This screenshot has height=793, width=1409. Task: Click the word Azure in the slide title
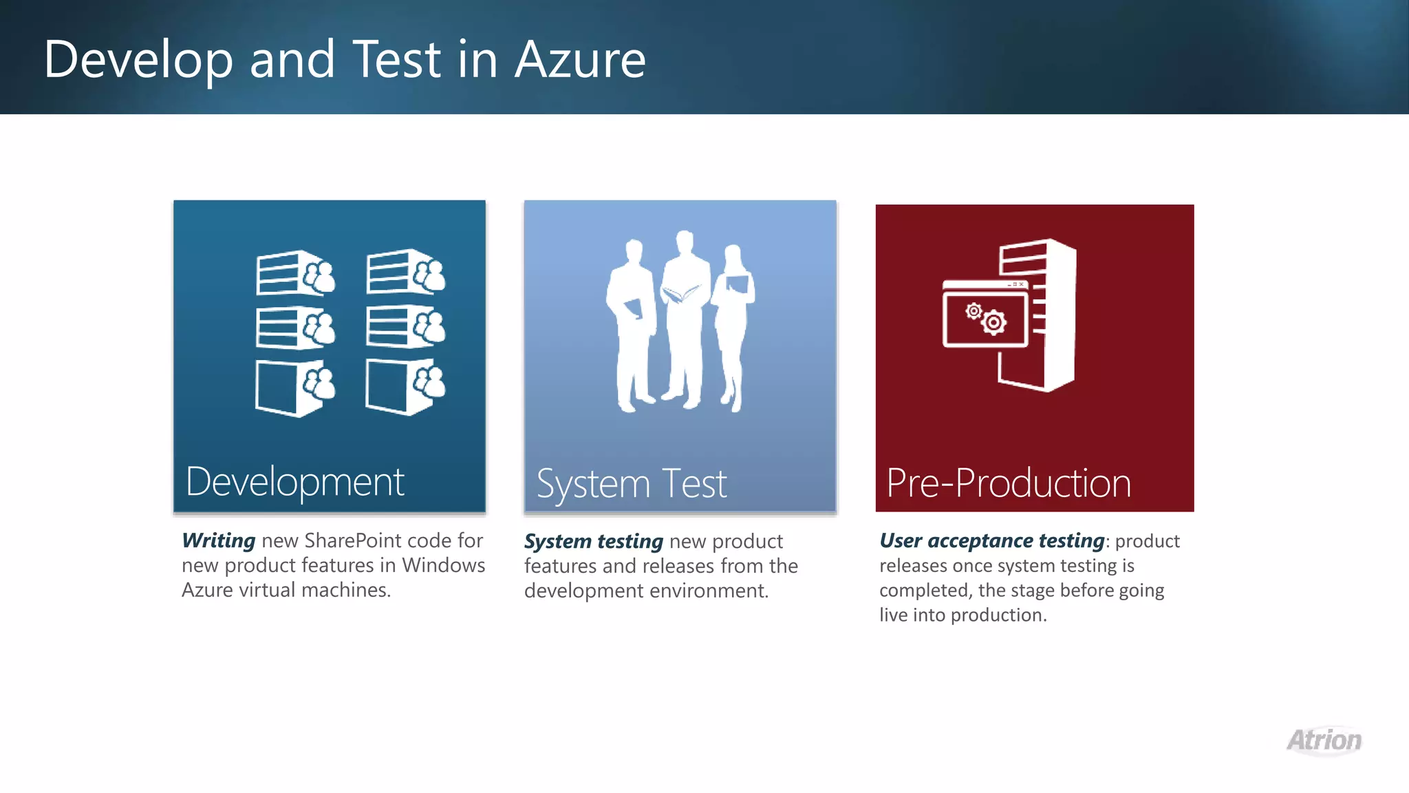point(580,60)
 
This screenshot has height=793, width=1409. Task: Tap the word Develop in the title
point(138,60)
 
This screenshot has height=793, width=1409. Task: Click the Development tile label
point(294,482)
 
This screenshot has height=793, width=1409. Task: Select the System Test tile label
point(631,483)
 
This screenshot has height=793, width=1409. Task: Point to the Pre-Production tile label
point(1008,483)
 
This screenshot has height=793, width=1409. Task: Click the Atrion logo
point(1324,741)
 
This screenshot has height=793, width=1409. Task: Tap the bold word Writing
point(218,540)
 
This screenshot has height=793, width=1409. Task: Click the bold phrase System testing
point(593,541)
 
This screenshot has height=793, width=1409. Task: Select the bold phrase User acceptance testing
point(991,540)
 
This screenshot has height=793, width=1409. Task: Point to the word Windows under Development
point(443,565)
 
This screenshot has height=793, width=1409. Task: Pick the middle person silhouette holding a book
point(683,317)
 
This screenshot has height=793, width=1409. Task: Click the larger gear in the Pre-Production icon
point(993,322)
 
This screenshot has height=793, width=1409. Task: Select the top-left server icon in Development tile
point(294,273)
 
